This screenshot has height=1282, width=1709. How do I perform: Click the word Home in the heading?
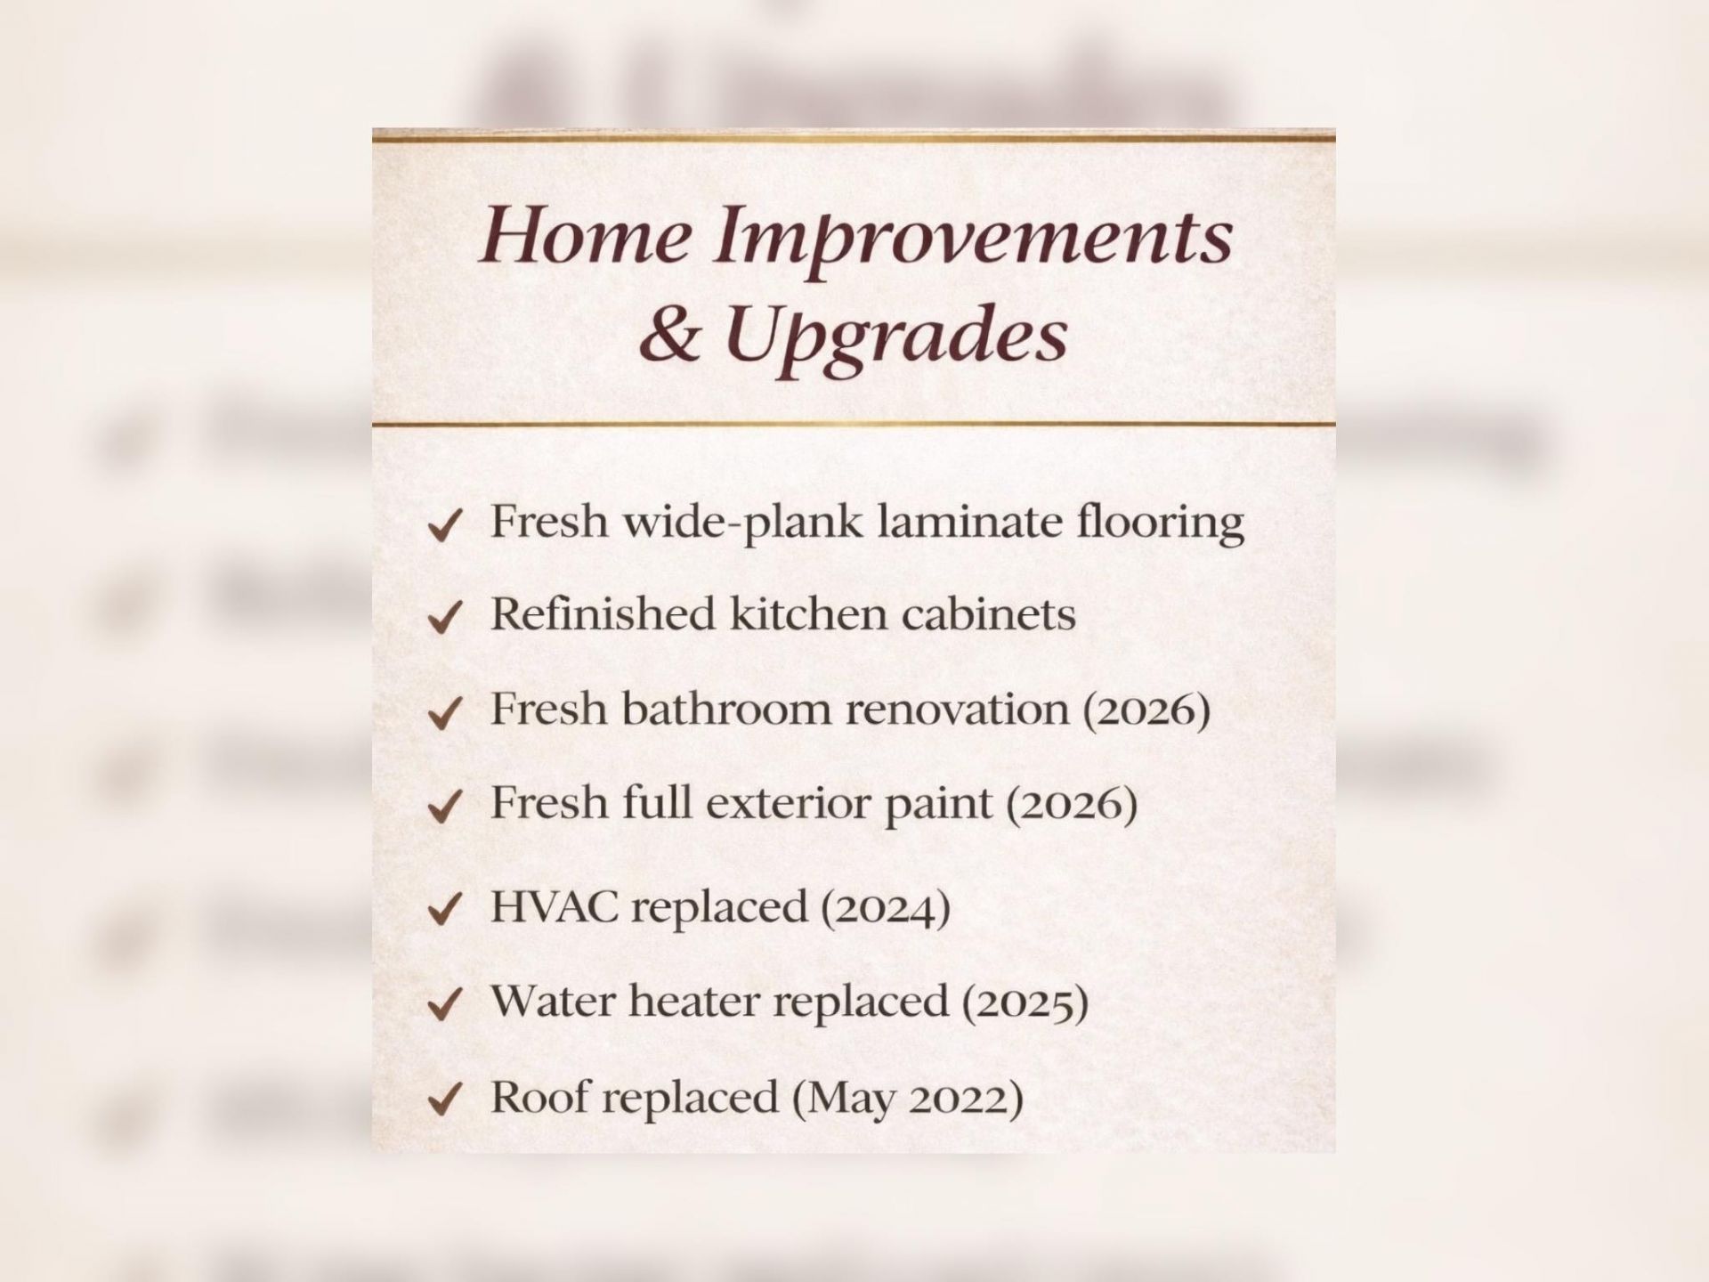pos(585,235)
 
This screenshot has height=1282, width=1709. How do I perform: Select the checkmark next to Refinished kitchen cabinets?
pos(444,618)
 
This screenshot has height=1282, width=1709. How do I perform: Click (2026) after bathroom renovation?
pos(1146,710)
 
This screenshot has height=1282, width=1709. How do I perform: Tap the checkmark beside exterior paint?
pos(444,807)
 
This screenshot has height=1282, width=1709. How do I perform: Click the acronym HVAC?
pos(555,906)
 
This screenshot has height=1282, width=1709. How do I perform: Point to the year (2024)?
pos(886,908)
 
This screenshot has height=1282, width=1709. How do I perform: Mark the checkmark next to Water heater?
pos(444,1005)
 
